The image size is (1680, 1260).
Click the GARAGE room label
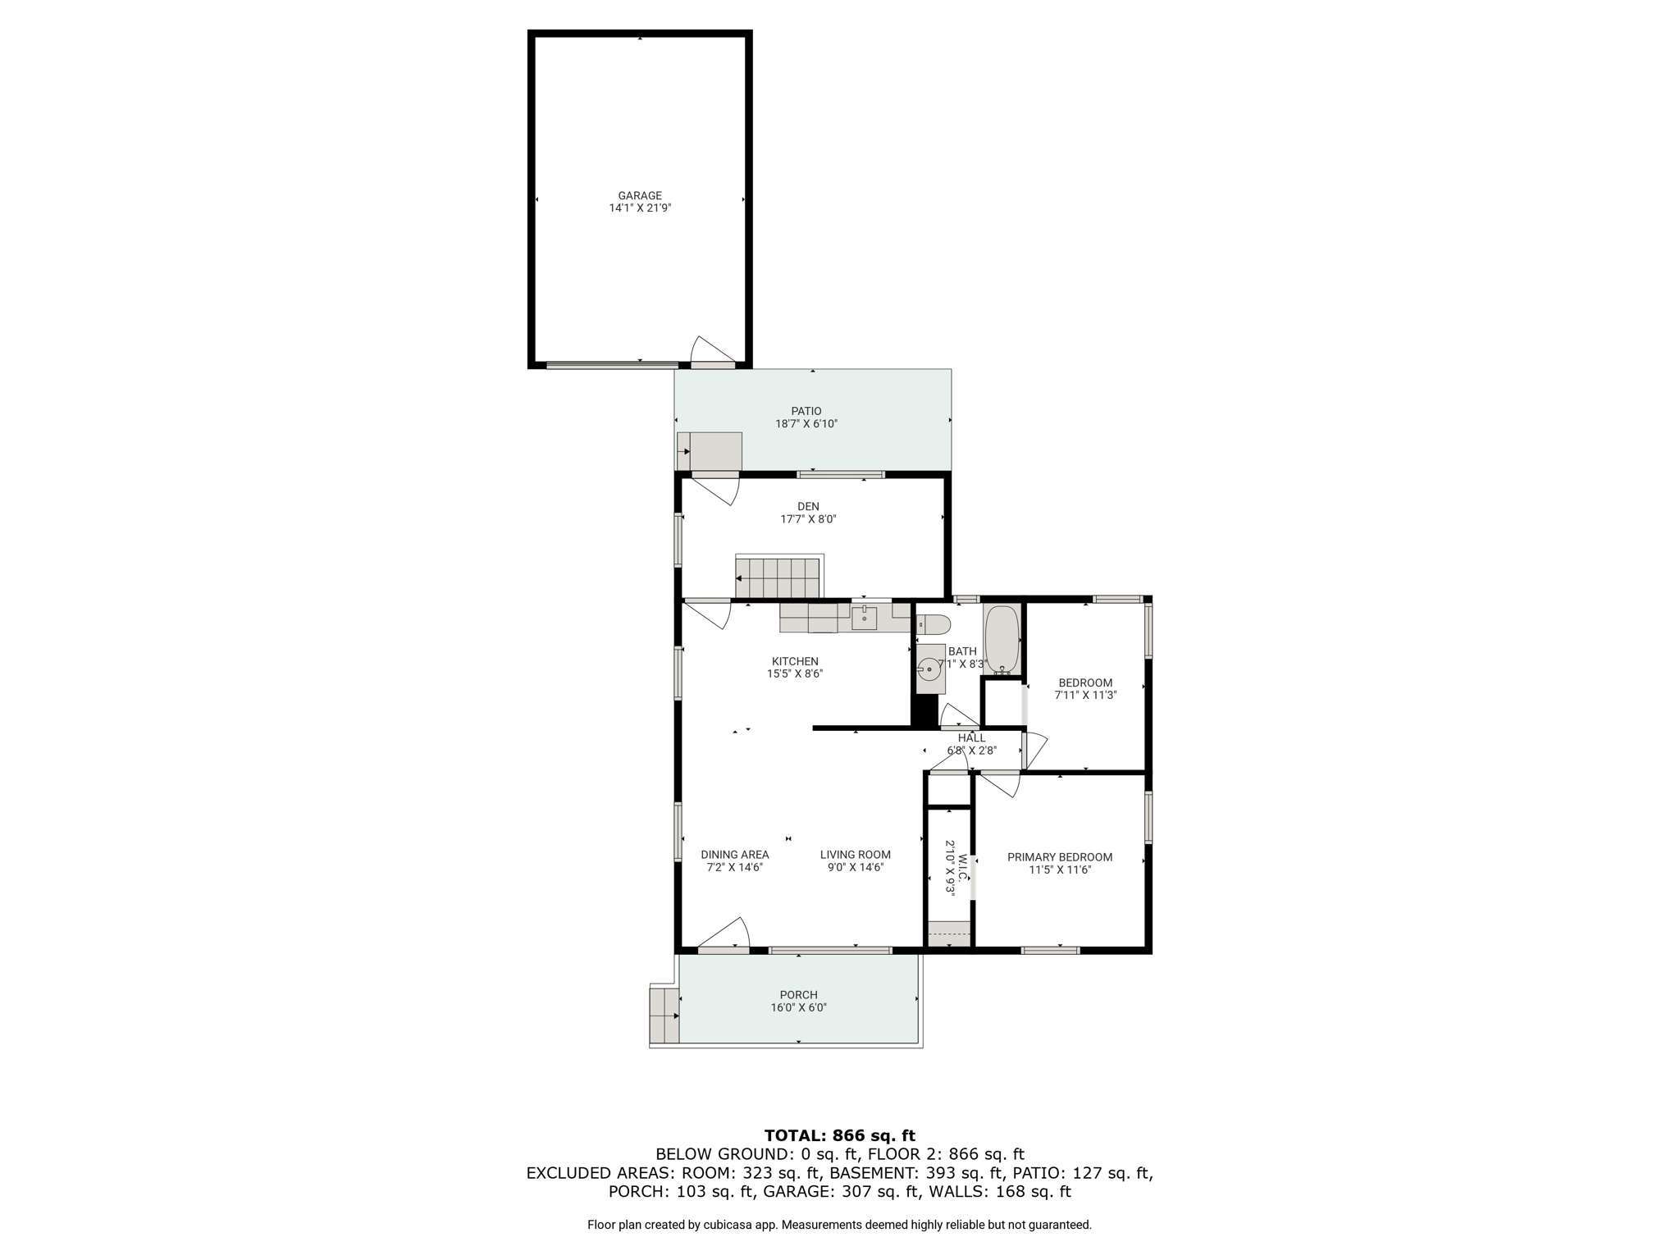click(x=640, y=196)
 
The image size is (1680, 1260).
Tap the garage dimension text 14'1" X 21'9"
click(x=640, y=208)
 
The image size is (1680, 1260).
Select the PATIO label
click(x=806, y=412)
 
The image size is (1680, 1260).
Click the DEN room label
click(x=808, y=507)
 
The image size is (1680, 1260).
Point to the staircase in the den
click(x=778, y=578)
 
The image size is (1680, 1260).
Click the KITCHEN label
click(x=795, y=662)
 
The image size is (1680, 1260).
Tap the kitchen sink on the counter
click(x=865, y=617)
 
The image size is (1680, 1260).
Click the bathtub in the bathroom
click(x=1002, y=640)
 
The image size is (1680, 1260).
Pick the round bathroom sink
click(x=929, y=669)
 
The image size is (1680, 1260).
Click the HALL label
click(x=972, y=738)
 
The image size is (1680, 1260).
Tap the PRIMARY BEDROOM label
click(x=1060, y=857)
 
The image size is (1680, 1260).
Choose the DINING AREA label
click(x=735, y=855)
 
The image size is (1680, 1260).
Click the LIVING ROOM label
click(x=856, y=855)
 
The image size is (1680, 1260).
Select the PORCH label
click(x=799, y=995)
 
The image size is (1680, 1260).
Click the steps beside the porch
click(x=664, y=1016)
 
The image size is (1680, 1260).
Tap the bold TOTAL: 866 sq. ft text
click(x=840, y=1136)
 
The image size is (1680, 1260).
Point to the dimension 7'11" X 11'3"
click(x=1085, y=695)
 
